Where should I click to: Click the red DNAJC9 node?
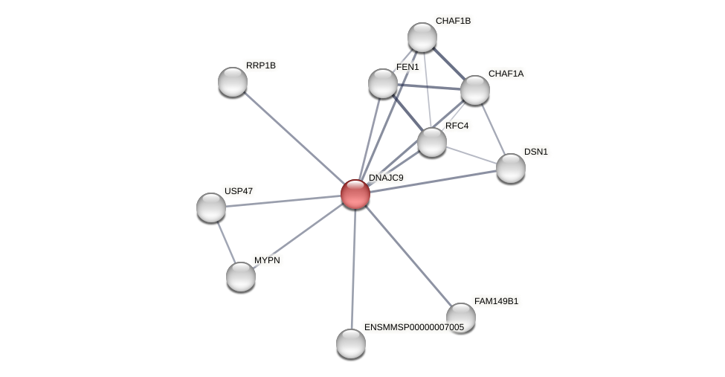355,194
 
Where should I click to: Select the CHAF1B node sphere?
422,37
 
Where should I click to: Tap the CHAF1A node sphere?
475,90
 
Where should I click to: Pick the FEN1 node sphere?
383,83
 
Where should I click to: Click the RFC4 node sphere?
432,142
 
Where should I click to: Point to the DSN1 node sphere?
511,168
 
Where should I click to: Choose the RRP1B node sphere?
233,82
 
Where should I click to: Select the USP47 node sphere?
211,207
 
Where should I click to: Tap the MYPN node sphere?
241,277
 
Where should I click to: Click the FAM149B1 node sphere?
461,318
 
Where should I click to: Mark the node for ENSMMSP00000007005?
351,344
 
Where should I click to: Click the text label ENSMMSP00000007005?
413,327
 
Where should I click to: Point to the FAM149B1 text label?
496,301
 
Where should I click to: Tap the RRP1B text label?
260,65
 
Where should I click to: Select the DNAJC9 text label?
386,178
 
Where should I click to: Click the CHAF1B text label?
453,21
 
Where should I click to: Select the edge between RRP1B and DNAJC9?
294,138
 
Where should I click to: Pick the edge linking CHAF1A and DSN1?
493,129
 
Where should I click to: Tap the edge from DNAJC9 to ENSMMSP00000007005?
353,268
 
